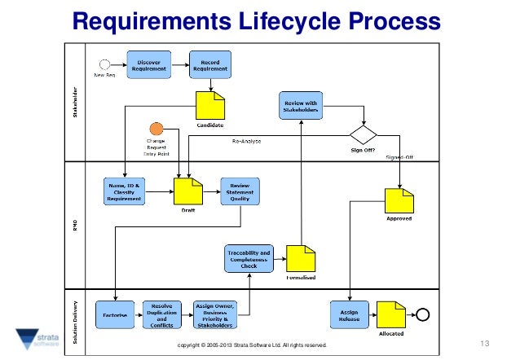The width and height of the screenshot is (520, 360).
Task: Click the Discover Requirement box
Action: pos(148,63)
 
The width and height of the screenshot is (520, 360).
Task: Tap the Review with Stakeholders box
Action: pos(301,104)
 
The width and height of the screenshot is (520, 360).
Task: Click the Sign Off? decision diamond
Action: pos(364,134)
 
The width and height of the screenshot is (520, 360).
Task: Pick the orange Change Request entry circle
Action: pos(156,128)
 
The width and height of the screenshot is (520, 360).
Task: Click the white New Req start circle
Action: pos(105,63)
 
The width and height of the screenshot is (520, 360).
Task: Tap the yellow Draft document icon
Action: pos(188,191)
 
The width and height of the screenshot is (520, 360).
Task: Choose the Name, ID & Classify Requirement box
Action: pos(125,191)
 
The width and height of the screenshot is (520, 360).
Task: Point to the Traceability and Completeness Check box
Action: pos(248,258)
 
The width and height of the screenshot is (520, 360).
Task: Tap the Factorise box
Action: pos(114,314)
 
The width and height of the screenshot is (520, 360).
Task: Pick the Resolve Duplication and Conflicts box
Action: pos(163,314)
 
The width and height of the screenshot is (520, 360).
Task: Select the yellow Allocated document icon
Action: pos(391,314)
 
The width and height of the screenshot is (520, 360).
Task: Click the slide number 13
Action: pos(488,341)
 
